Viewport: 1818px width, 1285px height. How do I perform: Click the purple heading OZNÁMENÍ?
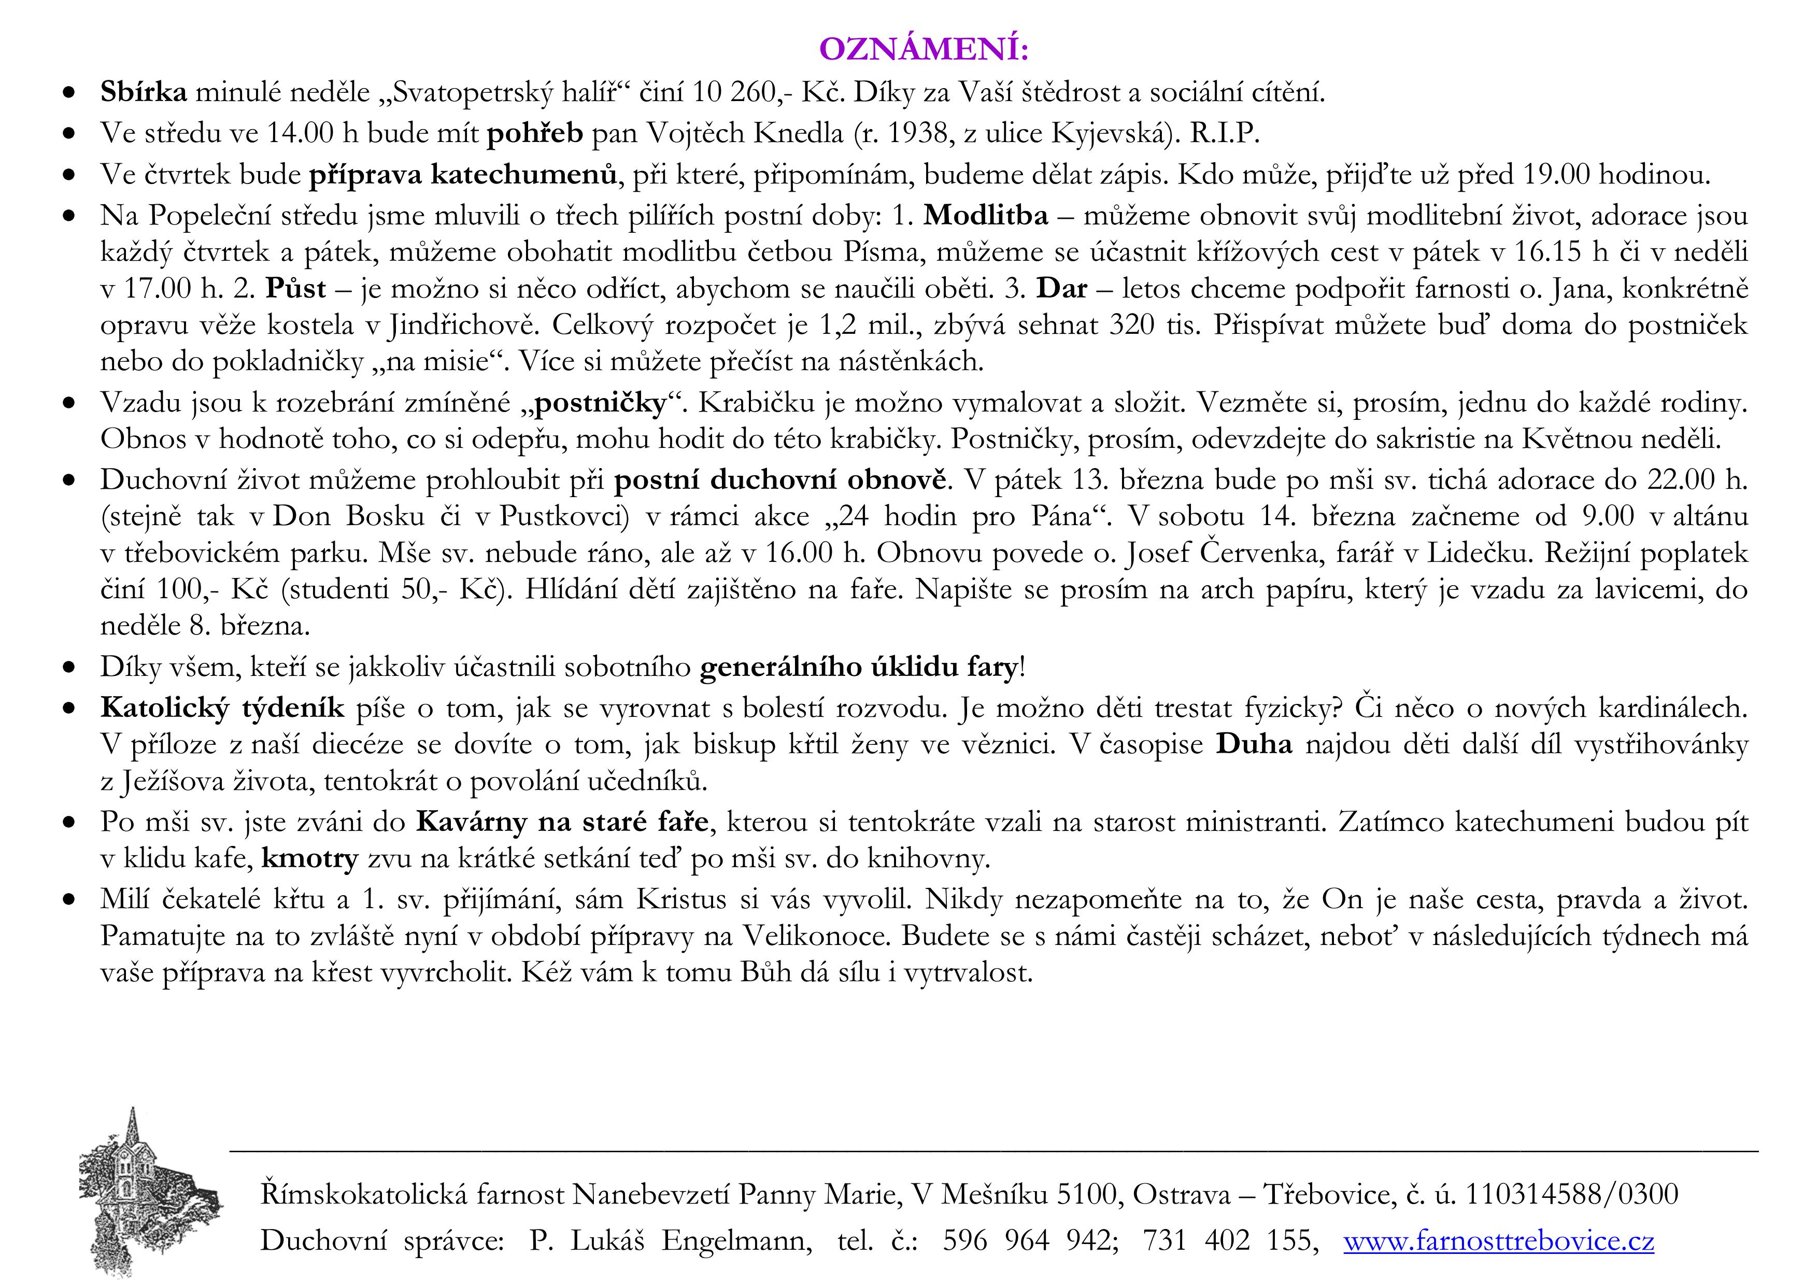[924, 49]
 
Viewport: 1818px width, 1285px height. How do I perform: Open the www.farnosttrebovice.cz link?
[1498, 1240]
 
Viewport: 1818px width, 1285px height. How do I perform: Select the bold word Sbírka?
[144, 93]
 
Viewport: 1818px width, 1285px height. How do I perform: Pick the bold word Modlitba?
[986, 215]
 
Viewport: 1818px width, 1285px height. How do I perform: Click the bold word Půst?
[295, 288]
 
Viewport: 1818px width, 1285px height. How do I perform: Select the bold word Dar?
[1062, 288]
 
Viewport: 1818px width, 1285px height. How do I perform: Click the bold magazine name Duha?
[1254, 744]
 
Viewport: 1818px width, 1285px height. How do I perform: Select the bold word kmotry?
[309, 858]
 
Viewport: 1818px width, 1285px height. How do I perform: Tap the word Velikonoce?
[816, 936]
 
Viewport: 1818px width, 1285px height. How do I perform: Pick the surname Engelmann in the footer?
[736, 1240]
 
